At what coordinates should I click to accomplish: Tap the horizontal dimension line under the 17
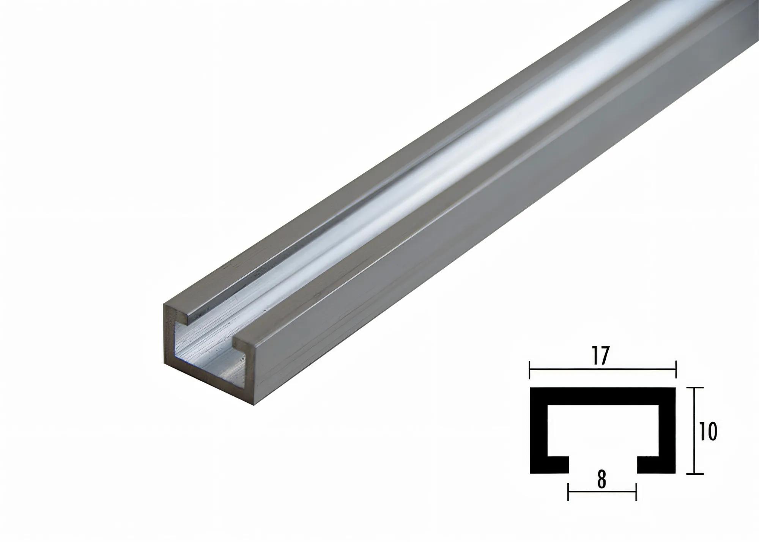(603, 369)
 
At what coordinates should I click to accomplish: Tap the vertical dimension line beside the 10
(694, 431)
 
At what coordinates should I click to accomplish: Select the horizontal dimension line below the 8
(602, 492)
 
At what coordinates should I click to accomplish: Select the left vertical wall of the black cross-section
(539, 431)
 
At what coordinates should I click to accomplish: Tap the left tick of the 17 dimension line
(530, 369)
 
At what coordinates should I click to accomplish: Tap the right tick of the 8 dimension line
(636, 492)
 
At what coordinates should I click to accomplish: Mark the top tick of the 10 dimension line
(694, 388)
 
